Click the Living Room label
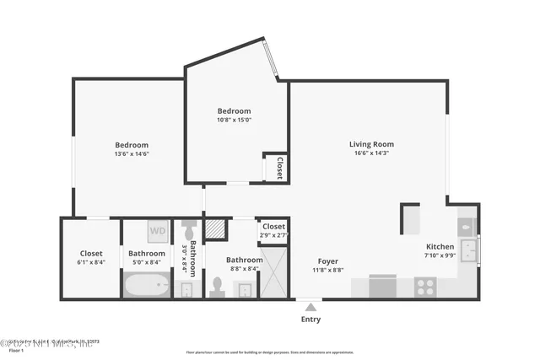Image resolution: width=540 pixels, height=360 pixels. (371, 144)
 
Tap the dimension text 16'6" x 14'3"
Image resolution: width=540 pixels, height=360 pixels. (371, 153)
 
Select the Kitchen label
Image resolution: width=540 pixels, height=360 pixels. (439, 247)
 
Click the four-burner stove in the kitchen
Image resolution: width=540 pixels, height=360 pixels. (425, 287)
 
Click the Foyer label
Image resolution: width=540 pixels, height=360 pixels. (328, 261)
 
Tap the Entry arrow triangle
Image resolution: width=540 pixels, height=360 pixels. (310, 307)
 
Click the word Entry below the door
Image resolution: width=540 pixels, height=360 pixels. (310, 320)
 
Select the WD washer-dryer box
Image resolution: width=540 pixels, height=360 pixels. (158, 229)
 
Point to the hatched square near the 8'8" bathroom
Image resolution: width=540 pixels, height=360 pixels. (216, 228)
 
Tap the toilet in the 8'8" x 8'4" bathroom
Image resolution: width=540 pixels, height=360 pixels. (217, 287)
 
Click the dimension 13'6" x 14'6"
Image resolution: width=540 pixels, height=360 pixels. (132, 153)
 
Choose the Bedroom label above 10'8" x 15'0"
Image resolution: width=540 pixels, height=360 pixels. (234, 111)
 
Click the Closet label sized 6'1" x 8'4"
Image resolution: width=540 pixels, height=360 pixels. (91, 253)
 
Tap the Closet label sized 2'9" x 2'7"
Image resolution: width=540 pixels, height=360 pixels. (273, 226)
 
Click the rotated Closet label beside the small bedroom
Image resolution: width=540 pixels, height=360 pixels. (278, 168)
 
